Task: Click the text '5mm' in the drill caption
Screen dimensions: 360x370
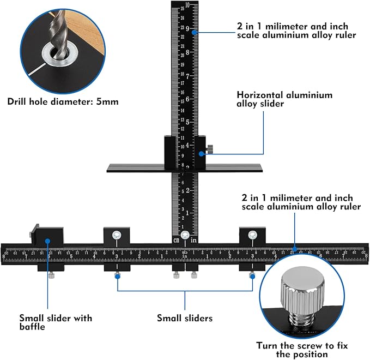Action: click(x=106, y=101)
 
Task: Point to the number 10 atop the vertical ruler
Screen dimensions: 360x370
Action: click(x=187, y=6)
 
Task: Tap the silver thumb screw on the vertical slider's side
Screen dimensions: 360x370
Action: click(x=210, y=149)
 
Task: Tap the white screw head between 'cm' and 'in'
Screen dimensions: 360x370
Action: click(x=185, y=236)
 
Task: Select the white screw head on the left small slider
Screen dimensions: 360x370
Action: click(x=117, y=235)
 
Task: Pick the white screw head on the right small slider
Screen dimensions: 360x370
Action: click(x=252, y=235)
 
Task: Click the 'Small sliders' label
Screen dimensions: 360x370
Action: click(x=184, y=318)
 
